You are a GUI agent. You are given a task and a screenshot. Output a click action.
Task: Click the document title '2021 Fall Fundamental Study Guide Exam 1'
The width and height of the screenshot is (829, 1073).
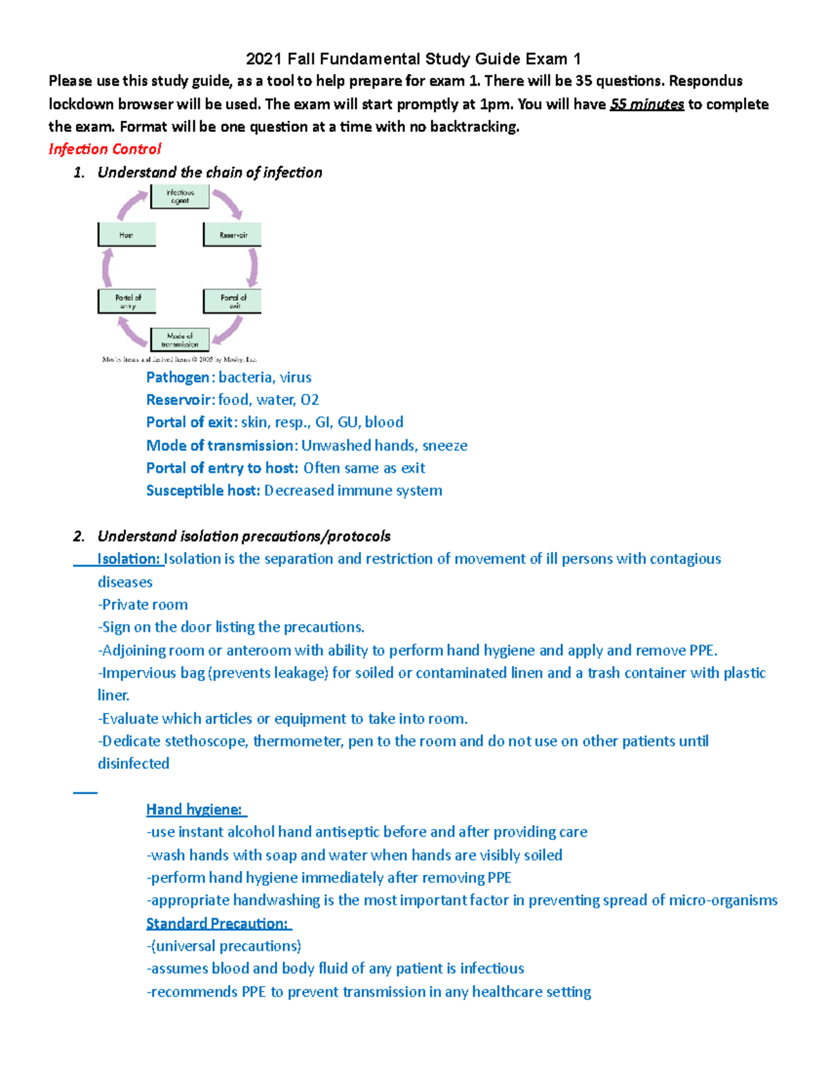point(413,59)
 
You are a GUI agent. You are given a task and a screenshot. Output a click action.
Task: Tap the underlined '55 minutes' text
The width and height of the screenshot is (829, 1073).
point(647,104)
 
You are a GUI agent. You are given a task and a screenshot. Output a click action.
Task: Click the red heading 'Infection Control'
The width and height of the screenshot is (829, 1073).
point(104,149)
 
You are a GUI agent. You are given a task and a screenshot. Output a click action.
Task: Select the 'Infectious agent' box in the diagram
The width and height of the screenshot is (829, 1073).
point(180,197)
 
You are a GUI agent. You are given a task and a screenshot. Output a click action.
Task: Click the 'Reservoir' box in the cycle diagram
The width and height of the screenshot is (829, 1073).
point(233,235)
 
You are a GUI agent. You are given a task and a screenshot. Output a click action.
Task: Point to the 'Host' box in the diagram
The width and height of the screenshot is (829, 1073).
point(126,235)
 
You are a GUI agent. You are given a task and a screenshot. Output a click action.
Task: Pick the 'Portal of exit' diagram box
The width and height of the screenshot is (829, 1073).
point(233,301)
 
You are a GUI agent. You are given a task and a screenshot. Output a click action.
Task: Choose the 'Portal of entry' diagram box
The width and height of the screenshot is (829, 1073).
point(127,301)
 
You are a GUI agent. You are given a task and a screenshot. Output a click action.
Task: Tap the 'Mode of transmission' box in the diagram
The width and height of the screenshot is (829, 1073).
point(180,339)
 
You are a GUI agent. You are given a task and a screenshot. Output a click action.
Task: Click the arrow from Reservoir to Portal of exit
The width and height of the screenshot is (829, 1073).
point(254,267)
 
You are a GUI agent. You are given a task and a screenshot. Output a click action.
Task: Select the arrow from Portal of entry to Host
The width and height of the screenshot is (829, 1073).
point(107,267)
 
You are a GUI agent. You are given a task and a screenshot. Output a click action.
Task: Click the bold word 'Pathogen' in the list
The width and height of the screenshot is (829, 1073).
point(178,377)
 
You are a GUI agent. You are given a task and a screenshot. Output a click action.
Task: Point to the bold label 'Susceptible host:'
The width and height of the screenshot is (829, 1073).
point(203,491)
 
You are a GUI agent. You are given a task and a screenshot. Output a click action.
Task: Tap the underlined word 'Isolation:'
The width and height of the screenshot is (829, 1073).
point(128,559)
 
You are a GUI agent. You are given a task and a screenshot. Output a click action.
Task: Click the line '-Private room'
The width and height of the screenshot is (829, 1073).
point(143,605)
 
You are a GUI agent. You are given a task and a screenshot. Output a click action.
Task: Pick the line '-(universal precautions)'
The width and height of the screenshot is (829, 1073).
point(224,946)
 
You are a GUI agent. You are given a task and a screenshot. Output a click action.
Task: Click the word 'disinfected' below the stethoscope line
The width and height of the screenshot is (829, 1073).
point(133,763)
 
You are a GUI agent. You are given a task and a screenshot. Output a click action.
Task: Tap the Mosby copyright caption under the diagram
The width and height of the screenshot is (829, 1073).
point(179,359)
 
